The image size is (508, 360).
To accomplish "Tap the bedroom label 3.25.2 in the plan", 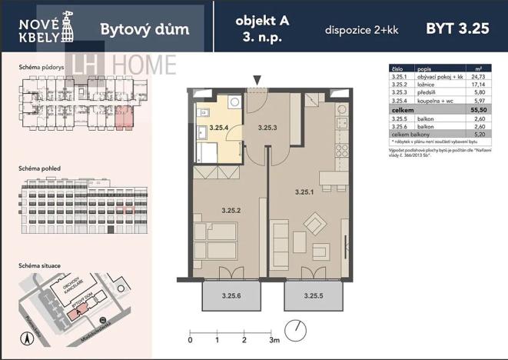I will (x=231, y=209).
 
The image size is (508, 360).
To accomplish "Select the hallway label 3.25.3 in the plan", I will (x=267, y=127).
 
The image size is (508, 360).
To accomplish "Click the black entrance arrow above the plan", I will (x=257, y=79).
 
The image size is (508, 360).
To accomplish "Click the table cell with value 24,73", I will (x=480, y=78).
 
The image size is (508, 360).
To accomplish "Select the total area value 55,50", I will (x=479, y=111).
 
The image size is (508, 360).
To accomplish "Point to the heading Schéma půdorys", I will (x=40, y=68).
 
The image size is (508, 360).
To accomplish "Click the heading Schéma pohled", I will (x=40, y=166).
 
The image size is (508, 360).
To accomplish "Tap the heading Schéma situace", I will (x=40, y=265).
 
